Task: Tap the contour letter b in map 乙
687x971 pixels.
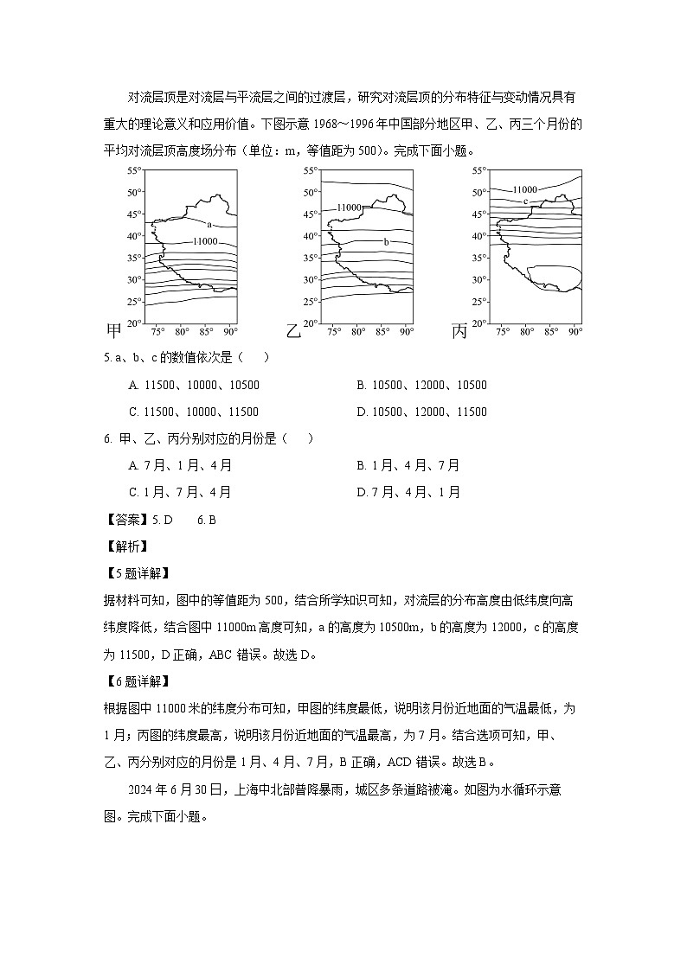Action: point(386,241)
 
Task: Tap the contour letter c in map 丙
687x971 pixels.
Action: point(525,201)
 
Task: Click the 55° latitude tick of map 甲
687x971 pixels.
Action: point(133,170)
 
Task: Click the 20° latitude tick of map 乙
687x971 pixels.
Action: point(310,323)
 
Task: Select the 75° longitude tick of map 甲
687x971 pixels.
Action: point(157,331)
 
